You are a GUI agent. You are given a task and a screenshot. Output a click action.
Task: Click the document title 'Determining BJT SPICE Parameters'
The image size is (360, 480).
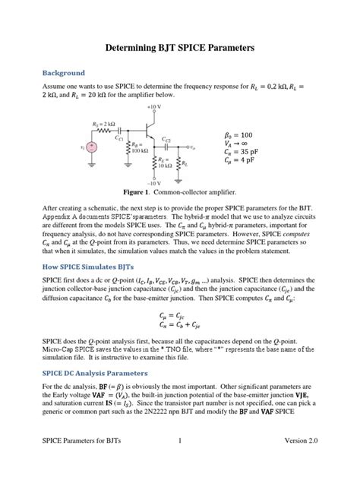(179, 48)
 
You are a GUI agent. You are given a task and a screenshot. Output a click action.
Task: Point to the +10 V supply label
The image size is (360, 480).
(154, 108)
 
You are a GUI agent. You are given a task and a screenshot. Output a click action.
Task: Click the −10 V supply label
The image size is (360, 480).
(154, 183)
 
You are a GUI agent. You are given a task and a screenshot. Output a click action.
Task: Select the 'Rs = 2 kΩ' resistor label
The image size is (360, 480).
(104, 124)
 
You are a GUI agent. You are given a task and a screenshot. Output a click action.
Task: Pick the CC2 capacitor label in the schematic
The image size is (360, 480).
(166, 140)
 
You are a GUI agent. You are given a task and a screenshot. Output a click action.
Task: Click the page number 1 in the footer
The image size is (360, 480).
(179, 462)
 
